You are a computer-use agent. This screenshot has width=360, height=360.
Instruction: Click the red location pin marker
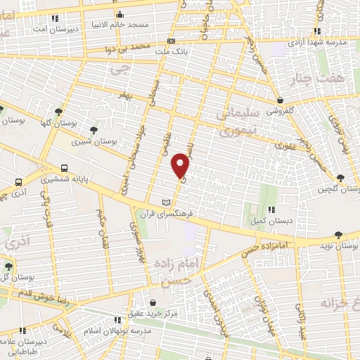click(x=181, y=166)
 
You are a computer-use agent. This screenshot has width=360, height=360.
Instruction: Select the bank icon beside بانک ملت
click(x=172, y=41)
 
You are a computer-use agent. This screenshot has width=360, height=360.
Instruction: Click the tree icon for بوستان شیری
click(x=94, y=129)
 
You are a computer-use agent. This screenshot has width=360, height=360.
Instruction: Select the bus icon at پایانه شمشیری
click(x=65, y=169)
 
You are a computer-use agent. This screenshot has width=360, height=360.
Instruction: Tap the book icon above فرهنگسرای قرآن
click(x=166, y=202)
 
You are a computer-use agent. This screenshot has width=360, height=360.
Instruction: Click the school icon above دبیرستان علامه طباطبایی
click(x=23, y=329)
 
